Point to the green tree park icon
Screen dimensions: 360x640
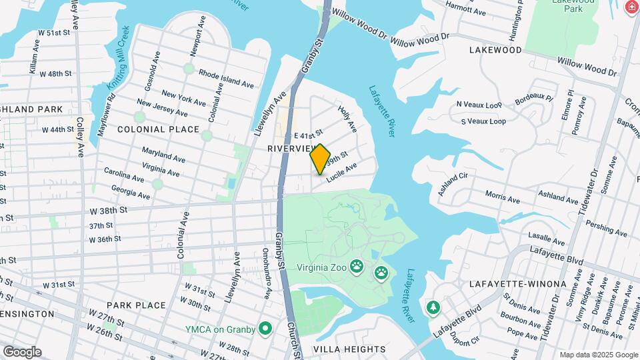pos(433,307)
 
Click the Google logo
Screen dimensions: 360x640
pos(22,351)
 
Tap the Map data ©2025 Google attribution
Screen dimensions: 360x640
pos(598,355)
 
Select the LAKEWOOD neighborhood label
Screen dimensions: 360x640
pos(495,50)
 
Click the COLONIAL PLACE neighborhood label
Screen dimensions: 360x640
pos(158,129)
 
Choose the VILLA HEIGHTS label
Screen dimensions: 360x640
pos(349,349)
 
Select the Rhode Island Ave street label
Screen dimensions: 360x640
pos(226,79)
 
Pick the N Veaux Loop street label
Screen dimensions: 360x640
pos(479,105)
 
